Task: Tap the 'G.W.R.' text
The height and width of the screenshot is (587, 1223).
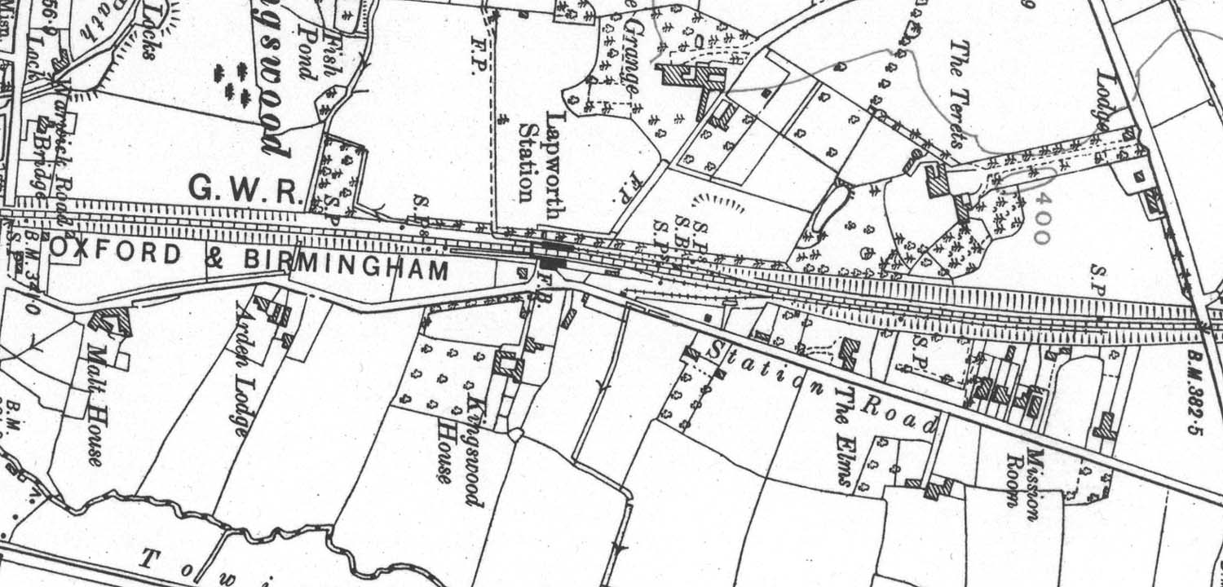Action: [x=245, y=191]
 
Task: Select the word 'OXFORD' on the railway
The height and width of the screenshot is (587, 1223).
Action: [x=117, y=254]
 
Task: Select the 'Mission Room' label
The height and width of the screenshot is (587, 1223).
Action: [x=1023, y=477]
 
